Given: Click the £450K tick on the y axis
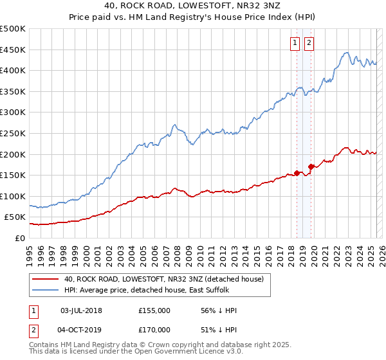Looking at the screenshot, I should click(13, 50).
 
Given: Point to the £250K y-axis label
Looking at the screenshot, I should click(13, 133).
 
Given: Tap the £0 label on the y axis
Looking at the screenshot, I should click(20, 238).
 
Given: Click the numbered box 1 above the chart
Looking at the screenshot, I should click(295, 43).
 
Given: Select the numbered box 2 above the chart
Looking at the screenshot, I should click(309, 43).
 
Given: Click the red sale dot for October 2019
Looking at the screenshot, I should click(311, 167).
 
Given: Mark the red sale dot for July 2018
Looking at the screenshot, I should click(297, 172).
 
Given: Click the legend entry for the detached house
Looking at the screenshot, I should click(164, 279).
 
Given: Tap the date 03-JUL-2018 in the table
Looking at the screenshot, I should click(81, 310).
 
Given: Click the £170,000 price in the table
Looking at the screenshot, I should click(154, 330).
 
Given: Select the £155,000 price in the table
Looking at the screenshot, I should click(154, 310).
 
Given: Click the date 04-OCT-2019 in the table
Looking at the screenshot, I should click(81, 330).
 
